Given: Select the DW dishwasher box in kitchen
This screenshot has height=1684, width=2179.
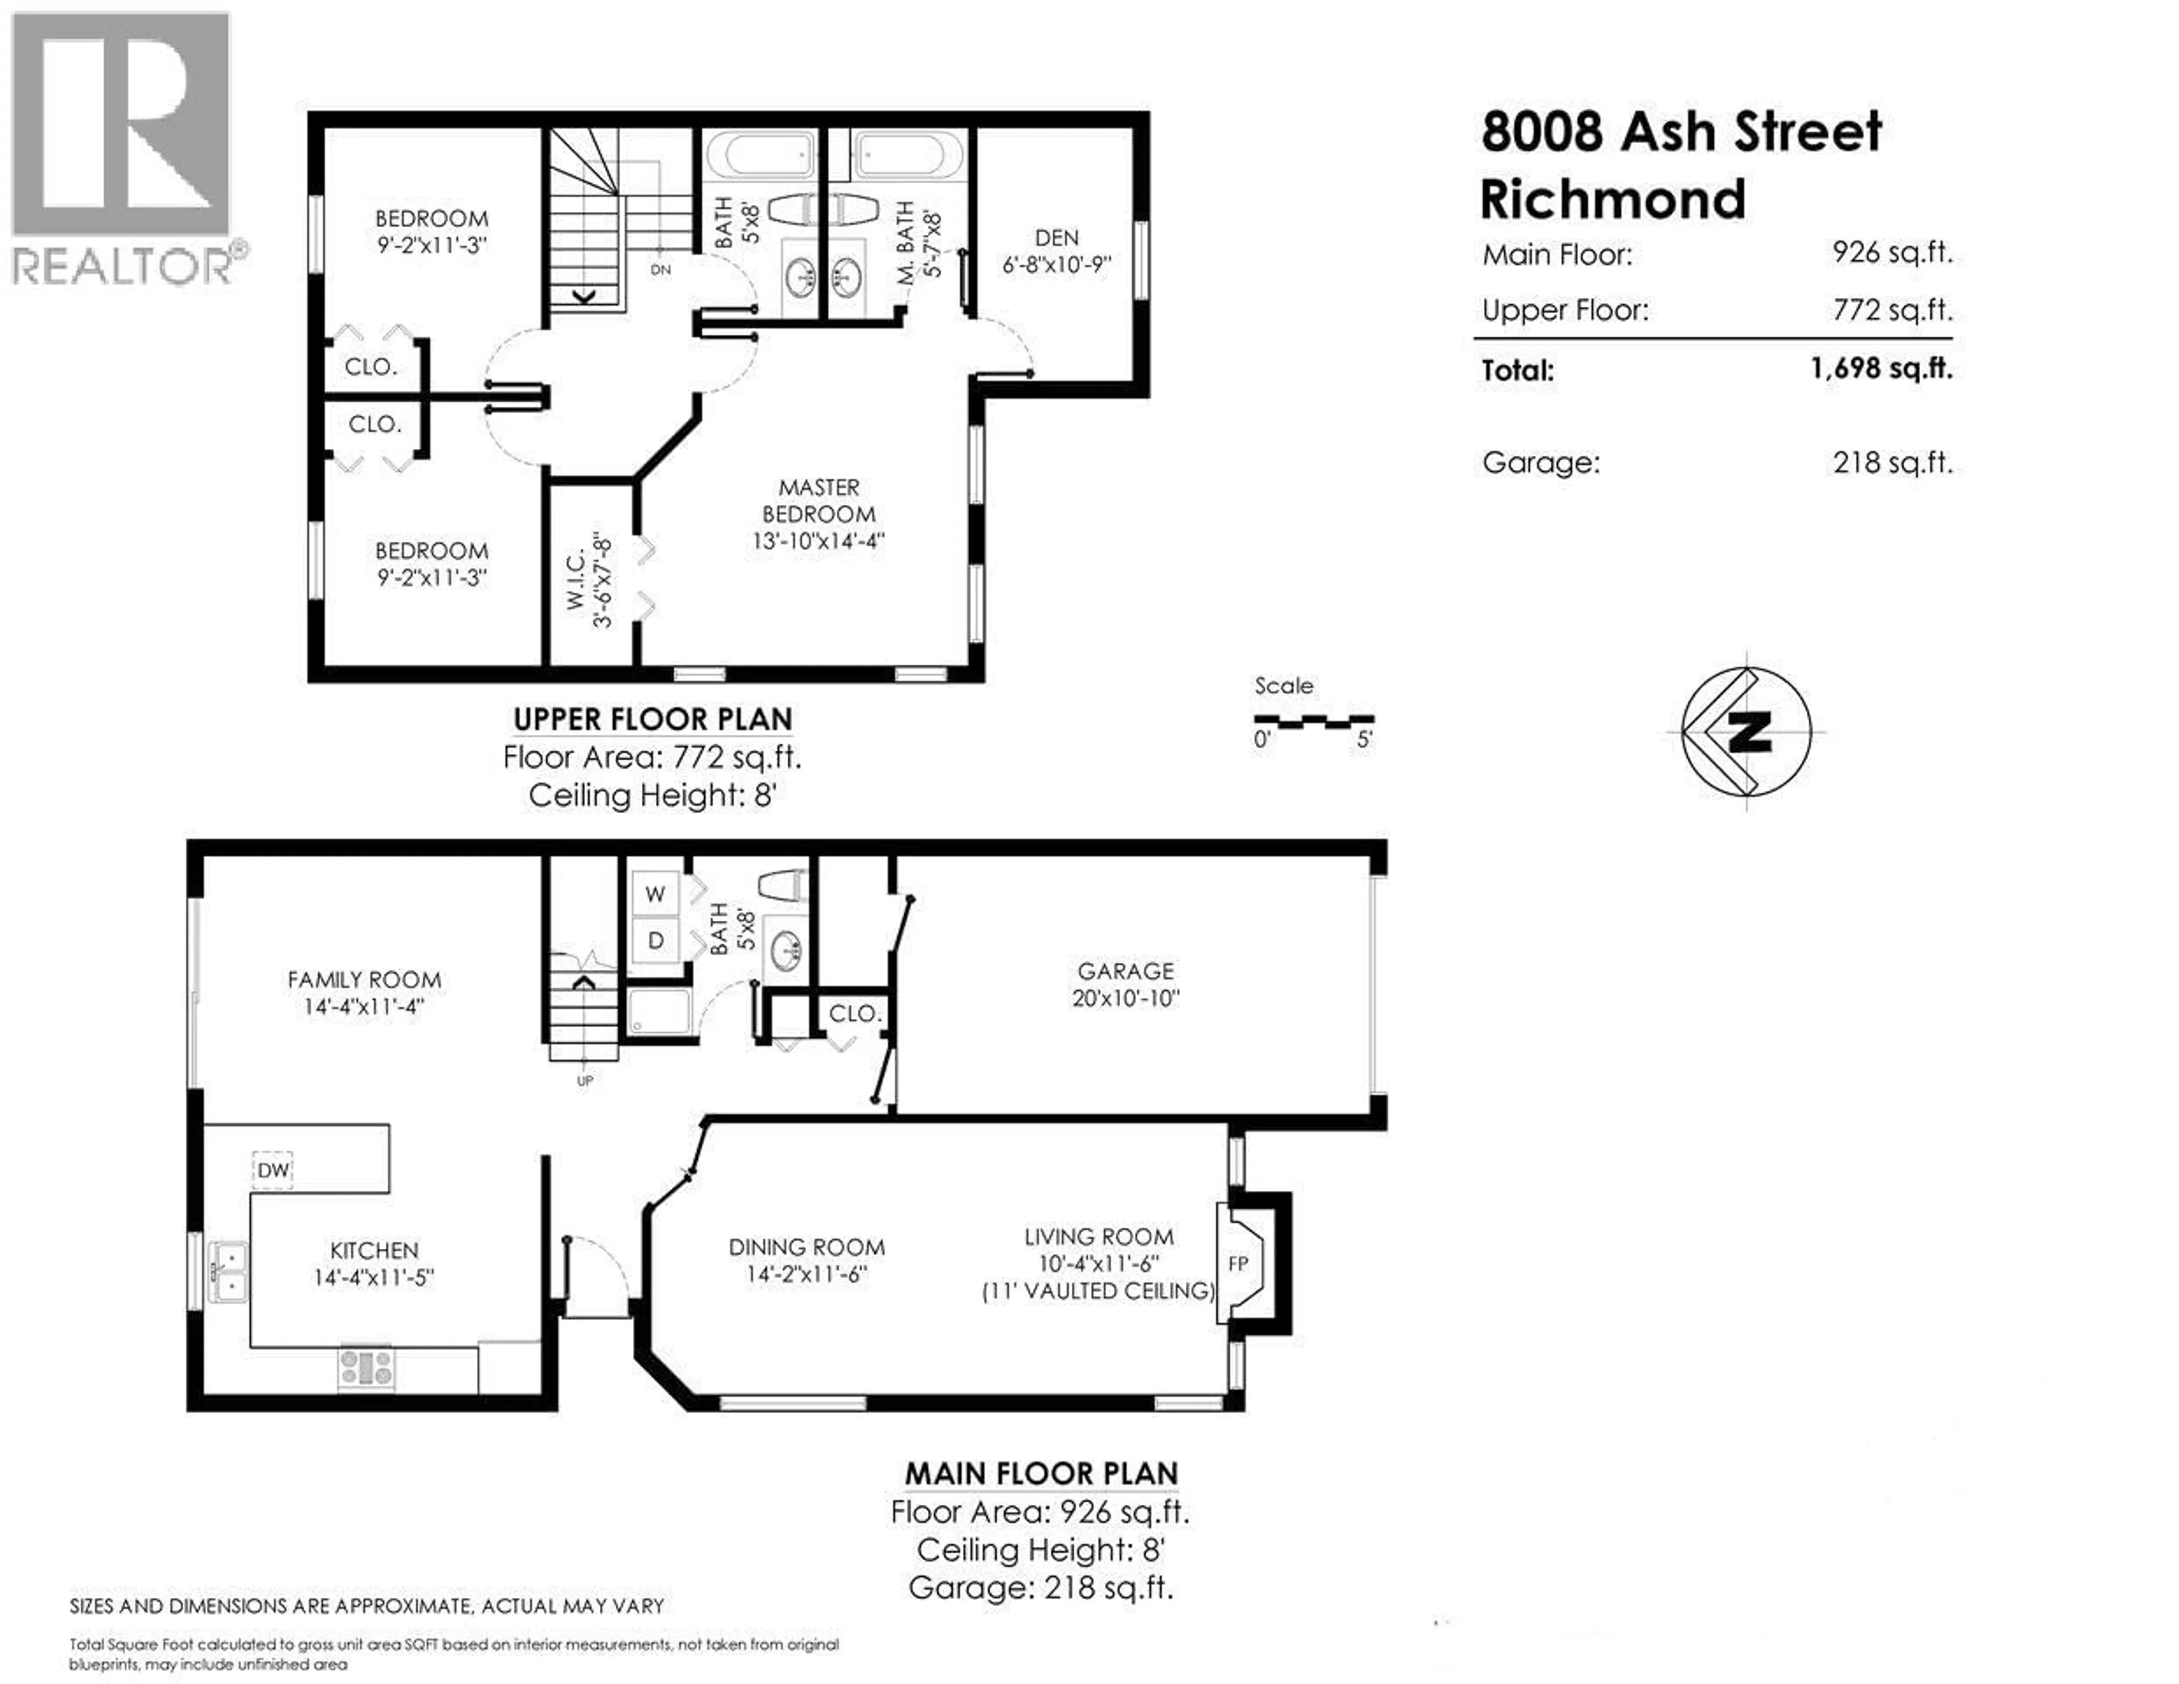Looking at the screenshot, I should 272,1169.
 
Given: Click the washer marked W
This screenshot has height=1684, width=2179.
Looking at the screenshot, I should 654,894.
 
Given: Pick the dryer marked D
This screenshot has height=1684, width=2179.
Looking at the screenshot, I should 654,940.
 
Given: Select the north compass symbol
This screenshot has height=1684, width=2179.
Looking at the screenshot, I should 1746,731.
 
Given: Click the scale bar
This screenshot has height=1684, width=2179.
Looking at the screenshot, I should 1313,719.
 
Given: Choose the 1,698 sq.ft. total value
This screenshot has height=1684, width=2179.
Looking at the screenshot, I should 1881,368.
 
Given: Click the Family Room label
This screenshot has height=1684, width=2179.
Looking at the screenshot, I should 364,980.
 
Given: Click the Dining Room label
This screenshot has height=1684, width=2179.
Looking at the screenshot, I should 806,1247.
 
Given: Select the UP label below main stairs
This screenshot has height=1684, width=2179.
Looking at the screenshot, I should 584,1080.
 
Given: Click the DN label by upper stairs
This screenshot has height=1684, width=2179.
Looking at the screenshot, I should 661,270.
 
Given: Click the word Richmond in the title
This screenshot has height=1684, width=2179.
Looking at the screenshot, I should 1612,200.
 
